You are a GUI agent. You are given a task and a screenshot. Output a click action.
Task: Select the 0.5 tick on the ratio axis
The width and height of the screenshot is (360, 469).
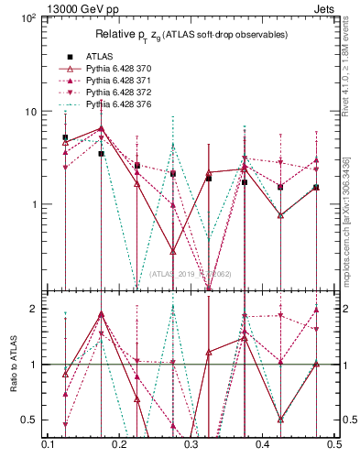[x=28, y=420]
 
